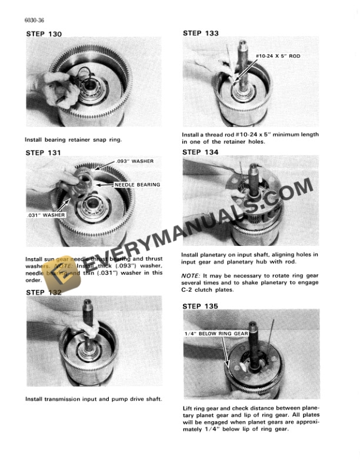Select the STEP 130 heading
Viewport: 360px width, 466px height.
pos(45,34)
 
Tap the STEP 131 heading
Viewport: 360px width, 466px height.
pos(45,152)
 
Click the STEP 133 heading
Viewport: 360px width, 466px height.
pos(201,34)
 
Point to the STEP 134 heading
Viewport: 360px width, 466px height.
pos(201,152)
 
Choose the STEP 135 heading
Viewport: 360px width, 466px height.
pos(201,306)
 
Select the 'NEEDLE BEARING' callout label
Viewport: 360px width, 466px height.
pos(136,185)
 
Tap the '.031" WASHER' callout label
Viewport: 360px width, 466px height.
pos(46,215)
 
